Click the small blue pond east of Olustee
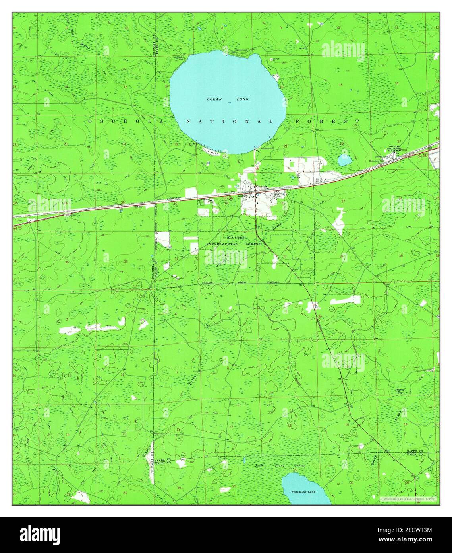[344, 160]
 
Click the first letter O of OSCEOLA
[90, 121]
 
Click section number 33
[285, 257]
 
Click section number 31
[176, 259]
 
